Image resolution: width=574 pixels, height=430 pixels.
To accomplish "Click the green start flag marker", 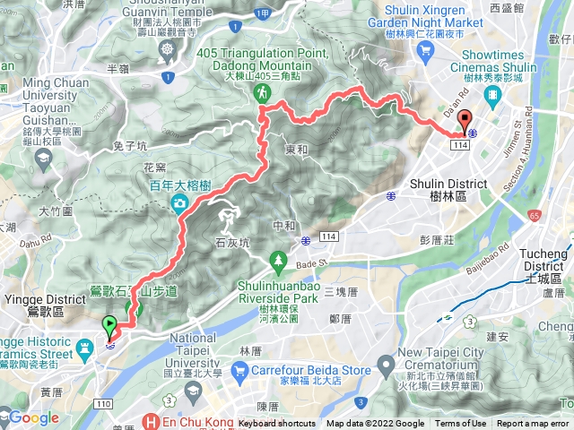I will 110,325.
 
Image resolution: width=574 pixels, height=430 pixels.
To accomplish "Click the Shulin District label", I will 439,189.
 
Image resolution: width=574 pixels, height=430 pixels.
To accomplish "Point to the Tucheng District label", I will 544,261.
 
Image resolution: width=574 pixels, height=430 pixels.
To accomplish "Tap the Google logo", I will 33,417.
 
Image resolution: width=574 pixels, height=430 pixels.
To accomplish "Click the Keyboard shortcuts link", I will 277,424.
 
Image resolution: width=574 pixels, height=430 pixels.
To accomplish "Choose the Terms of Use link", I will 461,424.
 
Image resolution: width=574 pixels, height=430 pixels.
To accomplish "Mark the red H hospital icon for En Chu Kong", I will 152,422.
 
